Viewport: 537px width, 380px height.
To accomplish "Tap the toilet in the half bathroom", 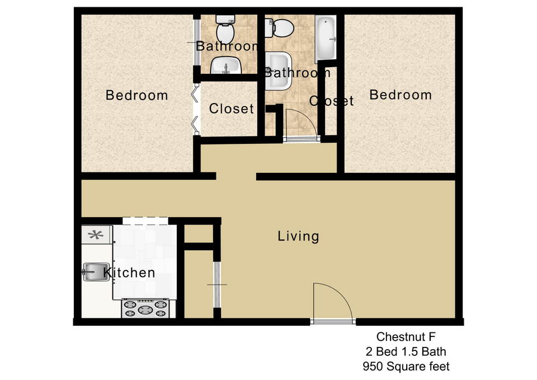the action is (x=225, y=29).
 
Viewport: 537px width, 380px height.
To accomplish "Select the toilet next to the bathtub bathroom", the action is (x=280, y=28).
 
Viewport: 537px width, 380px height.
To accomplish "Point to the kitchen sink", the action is (x=96, y=272).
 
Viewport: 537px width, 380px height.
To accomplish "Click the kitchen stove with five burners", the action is (x=145, y=308).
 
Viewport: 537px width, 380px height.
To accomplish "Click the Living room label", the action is (x=298, y=236).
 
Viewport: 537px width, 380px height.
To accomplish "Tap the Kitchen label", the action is (x=129, y=273).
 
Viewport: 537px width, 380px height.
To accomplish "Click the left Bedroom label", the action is (x=136, y=95).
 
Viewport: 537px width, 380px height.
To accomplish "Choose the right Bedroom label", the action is (x=401, y=95).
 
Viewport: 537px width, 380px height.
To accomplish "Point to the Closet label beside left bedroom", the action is (x=232, y=109).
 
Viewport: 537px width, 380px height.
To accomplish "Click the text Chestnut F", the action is (x=406, y=337).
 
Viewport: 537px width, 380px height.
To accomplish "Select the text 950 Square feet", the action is (x=406, y=367).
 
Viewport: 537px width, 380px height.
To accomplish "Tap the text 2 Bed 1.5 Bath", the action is (x=406, y=351).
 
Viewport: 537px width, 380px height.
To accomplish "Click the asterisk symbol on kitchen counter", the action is (x=96, y=234).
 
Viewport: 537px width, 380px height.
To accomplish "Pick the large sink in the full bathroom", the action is (x=279, y=71).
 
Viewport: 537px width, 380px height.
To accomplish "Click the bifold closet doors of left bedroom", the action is (x=196, y=110).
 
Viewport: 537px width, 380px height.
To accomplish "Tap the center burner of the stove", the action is (x=145, y=310).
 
